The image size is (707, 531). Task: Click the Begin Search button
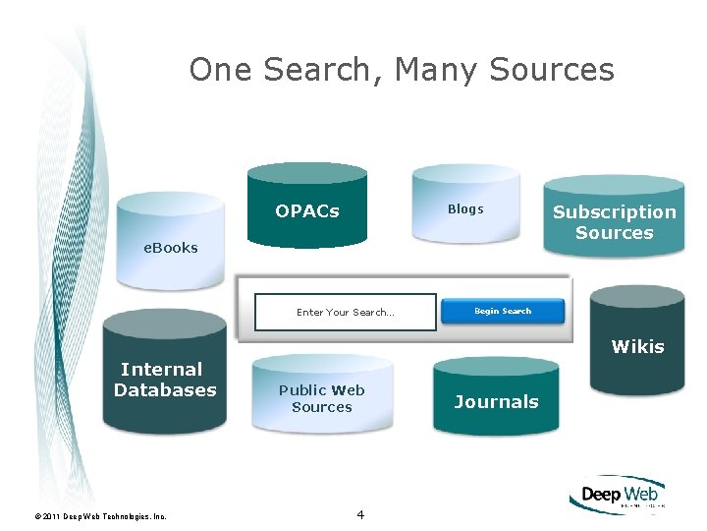tap(503, 312)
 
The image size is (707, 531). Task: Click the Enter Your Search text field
tap(345, 313)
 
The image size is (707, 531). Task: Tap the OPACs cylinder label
tap(307, 211)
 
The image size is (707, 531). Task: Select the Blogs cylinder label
tap(465, 208)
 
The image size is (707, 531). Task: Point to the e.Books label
tap(171, 248)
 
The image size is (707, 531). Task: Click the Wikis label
tap(637, 346)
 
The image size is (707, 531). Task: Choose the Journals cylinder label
tap(496, 401)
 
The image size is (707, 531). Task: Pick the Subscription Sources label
tap(615, 222)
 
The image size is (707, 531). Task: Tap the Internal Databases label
tap(165, 380)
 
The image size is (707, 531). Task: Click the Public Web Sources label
tap(322, 398)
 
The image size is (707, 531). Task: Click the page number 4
tap(360, 514)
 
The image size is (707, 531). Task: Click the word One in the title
tap(217, 70)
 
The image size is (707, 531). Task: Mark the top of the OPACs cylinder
tap(307, 175)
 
